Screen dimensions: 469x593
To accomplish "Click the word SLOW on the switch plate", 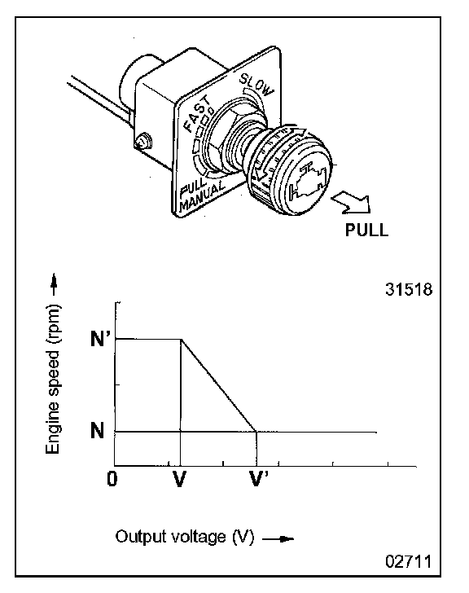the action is [x=256, y=85].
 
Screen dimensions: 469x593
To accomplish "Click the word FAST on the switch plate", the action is [x=197, y=113].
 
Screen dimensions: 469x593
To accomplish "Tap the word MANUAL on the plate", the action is [x=203, y=195].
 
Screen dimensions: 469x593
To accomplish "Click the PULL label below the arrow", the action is [x=366, y=230].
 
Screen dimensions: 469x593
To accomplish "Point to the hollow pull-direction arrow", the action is [x=350, y=203].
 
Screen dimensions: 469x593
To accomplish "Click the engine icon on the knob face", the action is [x=307, y=182].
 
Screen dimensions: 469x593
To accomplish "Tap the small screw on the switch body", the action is [x=143, y=142].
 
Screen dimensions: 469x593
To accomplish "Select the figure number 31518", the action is [x=409, y=289].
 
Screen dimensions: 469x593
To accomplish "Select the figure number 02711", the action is [x=408, y=561].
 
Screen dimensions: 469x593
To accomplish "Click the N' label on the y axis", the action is [x=98, y=338].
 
